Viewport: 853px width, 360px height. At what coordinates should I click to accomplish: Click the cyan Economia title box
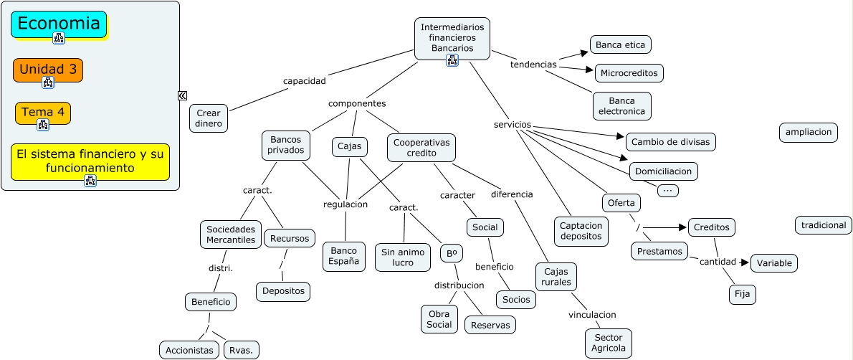(59, 24)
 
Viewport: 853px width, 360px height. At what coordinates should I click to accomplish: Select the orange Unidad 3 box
(48, 70)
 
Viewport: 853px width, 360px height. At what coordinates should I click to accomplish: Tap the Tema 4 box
(43, 113)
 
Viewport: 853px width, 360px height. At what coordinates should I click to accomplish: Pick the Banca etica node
(620, 45)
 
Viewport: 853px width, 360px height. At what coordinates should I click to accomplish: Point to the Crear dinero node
(209, 118)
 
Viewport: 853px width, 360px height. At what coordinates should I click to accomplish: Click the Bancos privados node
(286, 145)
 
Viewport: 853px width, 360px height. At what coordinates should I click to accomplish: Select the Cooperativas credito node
(421, 148)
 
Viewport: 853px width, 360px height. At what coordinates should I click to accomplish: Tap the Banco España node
(343, 257)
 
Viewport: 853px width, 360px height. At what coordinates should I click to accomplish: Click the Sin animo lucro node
(402, 257)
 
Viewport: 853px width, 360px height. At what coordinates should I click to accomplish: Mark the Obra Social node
(439, 319)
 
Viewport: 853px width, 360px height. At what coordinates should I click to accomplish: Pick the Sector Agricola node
(609, 344)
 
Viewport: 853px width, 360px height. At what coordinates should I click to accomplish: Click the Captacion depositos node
(581, 230)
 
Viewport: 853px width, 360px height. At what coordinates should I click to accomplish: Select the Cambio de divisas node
(670, 142)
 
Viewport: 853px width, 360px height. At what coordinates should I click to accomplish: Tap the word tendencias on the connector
(533, 65)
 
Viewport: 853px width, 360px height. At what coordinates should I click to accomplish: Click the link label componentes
(357, 103)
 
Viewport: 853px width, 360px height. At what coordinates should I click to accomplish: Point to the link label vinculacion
(592, 315)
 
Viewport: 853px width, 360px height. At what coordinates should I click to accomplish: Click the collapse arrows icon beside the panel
(183, 95)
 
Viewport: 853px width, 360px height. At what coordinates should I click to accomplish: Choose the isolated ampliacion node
(808, 133)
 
